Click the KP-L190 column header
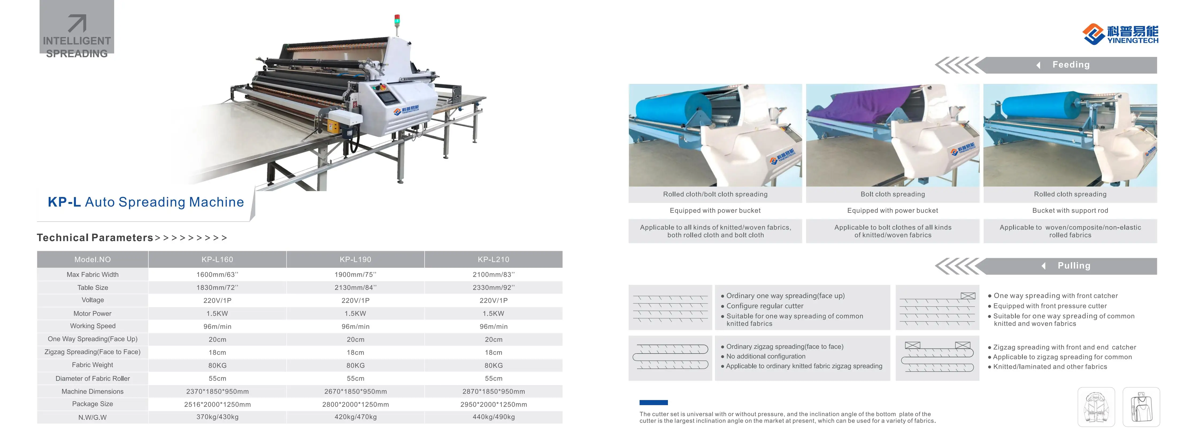355,259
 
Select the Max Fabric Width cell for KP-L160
217,275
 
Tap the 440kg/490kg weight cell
493,417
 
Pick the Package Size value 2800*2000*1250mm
355,404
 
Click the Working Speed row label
93,326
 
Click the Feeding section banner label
1071,65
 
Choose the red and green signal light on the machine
397,20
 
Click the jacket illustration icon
1096,407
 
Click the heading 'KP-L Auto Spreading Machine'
146,202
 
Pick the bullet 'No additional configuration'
765,356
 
